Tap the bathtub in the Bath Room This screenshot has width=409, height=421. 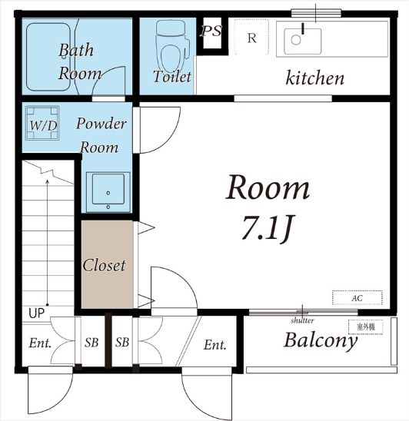pyautogui.click(x=48, y=57)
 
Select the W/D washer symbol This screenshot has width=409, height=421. pyautogui.click(x=42, y=123)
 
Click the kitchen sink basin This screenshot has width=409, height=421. pyautogui.click(x=303, y=41)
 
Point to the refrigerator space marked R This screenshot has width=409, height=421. pyautogui.click(x=251, y=37)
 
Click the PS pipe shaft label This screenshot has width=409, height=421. pyautogui.click(x=211, y=31)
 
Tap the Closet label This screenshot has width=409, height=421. pyautogui.click(x=104, y=265)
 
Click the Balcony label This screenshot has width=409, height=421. pyautogui.click(x=321, y=341)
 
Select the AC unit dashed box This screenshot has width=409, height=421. pyautogui.click(x=357, y=297)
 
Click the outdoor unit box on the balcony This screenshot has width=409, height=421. pyautogui.click(x=366, y=327)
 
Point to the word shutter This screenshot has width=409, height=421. pyautogui.click(x=302, y=320)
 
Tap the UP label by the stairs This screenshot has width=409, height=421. pyautogui.click(x=37, y=313)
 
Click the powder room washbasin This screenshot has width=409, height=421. pyautogui.click(x=108, y=192)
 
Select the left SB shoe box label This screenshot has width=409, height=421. pyautogui.click(x=91, y=343)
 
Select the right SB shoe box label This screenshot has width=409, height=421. pyautogui.click(x=122, y=343)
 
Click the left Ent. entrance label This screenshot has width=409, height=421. pyautogui.click(x=40, y=343)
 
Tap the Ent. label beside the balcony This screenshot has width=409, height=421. pyautogui.click(x=214, y=345)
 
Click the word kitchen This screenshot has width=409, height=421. pyautogui.click(x=314, y=78)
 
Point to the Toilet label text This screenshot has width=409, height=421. pyautogui.click(x=172, y=76)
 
